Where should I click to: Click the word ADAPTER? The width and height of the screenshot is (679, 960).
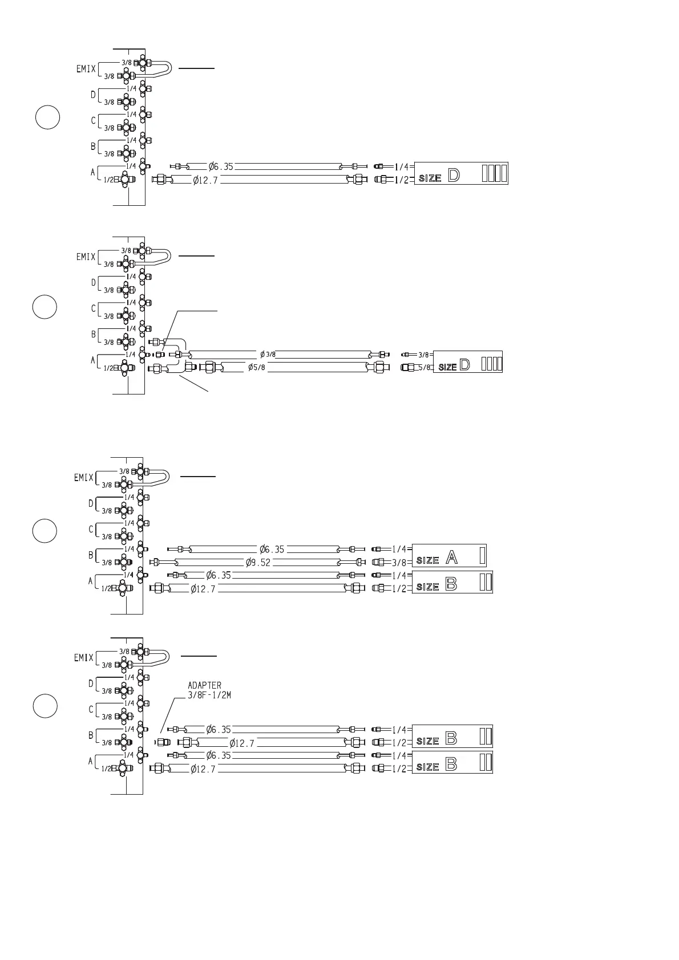tap(204, 685)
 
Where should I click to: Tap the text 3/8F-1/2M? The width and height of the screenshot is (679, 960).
tap(209, 695)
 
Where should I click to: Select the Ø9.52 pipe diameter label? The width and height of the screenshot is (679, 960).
tap(258, 563)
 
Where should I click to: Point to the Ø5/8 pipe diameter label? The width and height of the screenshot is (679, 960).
tap(257, 367)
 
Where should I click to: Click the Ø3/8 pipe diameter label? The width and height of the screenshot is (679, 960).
tap(268, 355)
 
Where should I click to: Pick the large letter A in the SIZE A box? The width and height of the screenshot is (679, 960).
tap(451, 557)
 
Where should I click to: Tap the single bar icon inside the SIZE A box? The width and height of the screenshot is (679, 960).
tap(483, 555)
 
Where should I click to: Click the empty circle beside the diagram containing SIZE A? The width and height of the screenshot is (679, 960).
tap(45, 531)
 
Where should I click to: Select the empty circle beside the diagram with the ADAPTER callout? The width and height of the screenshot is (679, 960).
tap(45, 706)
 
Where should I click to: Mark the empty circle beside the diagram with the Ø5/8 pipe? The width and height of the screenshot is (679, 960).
tap(45, 307)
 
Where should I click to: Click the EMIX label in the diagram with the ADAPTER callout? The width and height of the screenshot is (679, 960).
tap(84, 658)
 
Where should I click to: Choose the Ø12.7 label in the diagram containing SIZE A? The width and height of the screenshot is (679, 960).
tap(203, 589)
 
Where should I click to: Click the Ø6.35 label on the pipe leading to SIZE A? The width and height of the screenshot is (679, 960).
tap(272, 550)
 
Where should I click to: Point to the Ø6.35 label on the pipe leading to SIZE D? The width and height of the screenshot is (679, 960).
tap(221, 166)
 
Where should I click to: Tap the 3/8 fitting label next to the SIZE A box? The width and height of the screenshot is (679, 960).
tap(399, 563)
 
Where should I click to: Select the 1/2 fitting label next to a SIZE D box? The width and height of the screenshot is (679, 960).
tap(402, 180)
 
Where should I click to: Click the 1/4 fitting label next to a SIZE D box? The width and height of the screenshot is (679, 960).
tap(402, 167)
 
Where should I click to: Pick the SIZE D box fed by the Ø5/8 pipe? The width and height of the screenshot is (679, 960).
tap(468, 362)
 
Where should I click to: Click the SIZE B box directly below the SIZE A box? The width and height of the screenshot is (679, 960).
tap(452, 583)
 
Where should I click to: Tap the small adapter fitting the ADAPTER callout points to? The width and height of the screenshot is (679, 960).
tap(163, 742)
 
